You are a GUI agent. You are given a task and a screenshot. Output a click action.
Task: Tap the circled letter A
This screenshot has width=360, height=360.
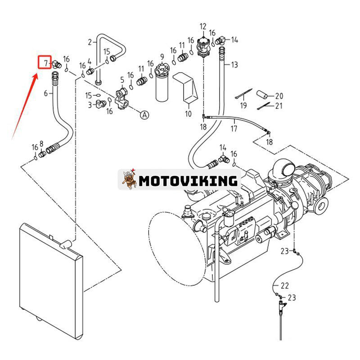point(144,115)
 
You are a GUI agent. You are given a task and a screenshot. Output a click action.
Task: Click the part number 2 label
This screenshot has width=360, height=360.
point(90,42)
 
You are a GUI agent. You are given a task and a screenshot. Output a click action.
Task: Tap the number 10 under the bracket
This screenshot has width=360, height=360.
point(188,114)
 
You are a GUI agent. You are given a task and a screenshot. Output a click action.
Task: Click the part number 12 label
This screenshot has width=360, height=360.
point(203,27)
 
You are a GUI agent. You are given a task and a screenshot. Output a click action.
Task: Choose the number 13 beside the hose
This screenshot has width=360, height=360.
point(234,65)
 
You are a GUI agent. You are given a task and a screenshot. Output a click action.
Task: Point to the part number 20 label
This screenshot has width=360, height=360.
point(279,95)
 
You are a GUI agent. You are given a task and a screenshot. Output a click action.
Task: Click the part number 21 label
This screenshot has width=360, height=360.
point(279,106)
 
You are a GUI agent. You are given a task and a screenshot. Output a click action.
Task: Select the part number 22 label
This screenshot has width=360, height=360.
point(285,285)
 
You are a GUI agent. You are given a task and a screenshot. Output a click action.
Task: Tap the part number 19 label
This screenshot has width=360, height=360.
point(243,106)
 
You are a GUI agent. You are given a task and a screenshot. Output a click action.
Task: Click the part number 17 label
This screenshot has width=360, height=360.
point(234,129)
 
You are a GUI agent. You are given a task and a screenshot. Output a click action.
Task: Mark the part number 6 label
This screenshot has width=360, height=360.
point(45,94)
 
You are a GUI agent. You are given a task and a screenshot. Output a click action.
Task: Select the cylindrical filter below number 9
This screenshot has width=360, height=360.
point(162,88)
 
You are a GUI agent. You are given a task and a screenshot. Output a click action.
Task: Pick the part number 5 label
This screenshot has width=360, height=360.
point(121,80)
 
